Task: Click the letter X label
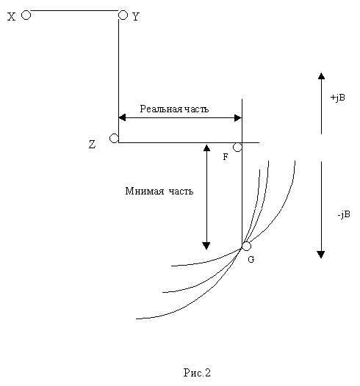tap(11, 17)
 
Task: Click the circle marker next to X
tap(26, 15)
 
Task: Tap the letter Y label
tap(136, 17)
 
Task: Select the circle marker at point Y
tap(123, 15)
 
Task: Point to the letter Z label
tap(92, 145)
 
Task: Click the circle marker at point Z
tap(114, 139)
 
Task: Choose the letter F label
tap(226, 156)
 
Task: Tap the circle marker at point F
tap(237, 148)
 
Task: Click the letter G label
tap(251, 259)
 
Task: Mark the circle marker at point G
tap(246, 246)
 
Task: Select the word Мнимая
tap(145, 191)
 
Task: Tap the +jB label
tap(337, 98)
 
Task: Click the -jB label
tap(344, 214)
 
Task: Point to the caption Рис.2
tap(197, 373)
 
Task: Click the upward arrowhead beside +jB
tap(321, 76)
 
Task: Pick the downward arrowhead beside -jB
tap(321, 255)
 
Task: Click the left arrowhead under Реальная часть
tap(122, 117)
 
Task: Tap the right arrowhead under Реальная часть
tap(238, 118)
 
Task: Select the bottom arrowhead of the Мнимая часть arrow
tap(206, 246)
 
